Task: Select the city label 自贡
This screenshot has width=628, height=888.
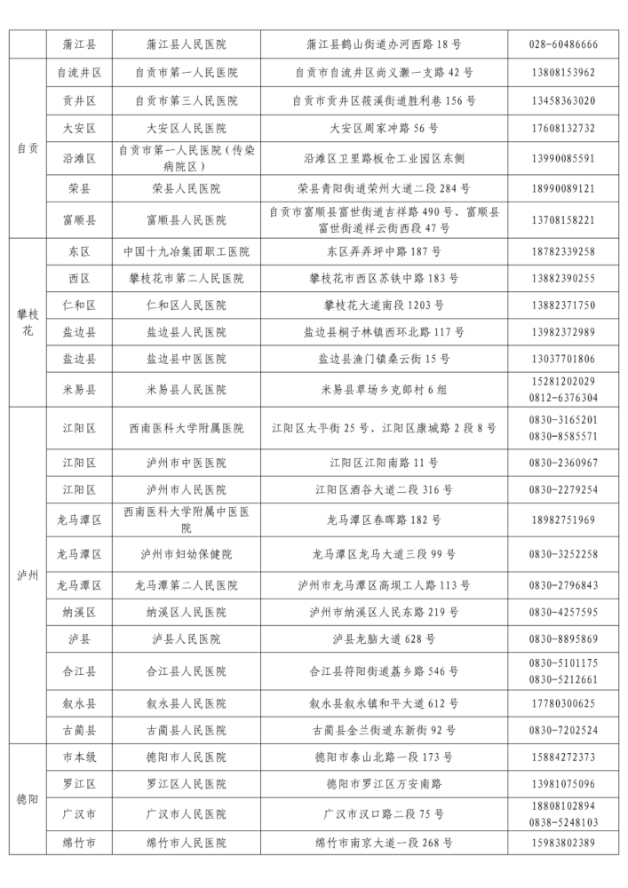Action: [x=28, y=148]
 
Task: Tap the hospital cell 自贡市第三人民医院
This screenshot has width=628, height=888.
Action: [x=186, y=100]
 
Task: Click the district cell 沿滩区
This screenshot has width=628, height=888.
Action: [x=79, y=159]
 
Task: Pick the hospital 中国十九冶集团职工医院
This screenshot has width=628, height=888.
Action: [x=186, y=251]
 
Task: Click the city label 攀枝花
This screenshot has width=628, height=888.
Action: [x=28, y=322]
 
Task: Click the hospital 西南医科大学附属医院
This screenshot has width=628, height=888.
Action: [x=186, y=428]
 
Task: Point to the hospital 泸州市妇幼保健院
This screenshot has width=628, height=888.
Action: [x=186, y=554]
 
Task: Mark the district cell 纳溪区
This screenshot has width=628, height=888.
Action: [x=79, y=612]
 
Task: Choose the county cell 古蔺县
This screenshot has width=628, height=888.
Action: [x=79, y=730]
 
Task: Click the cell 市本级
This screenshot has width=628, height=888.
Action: [x=79, y=757]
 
